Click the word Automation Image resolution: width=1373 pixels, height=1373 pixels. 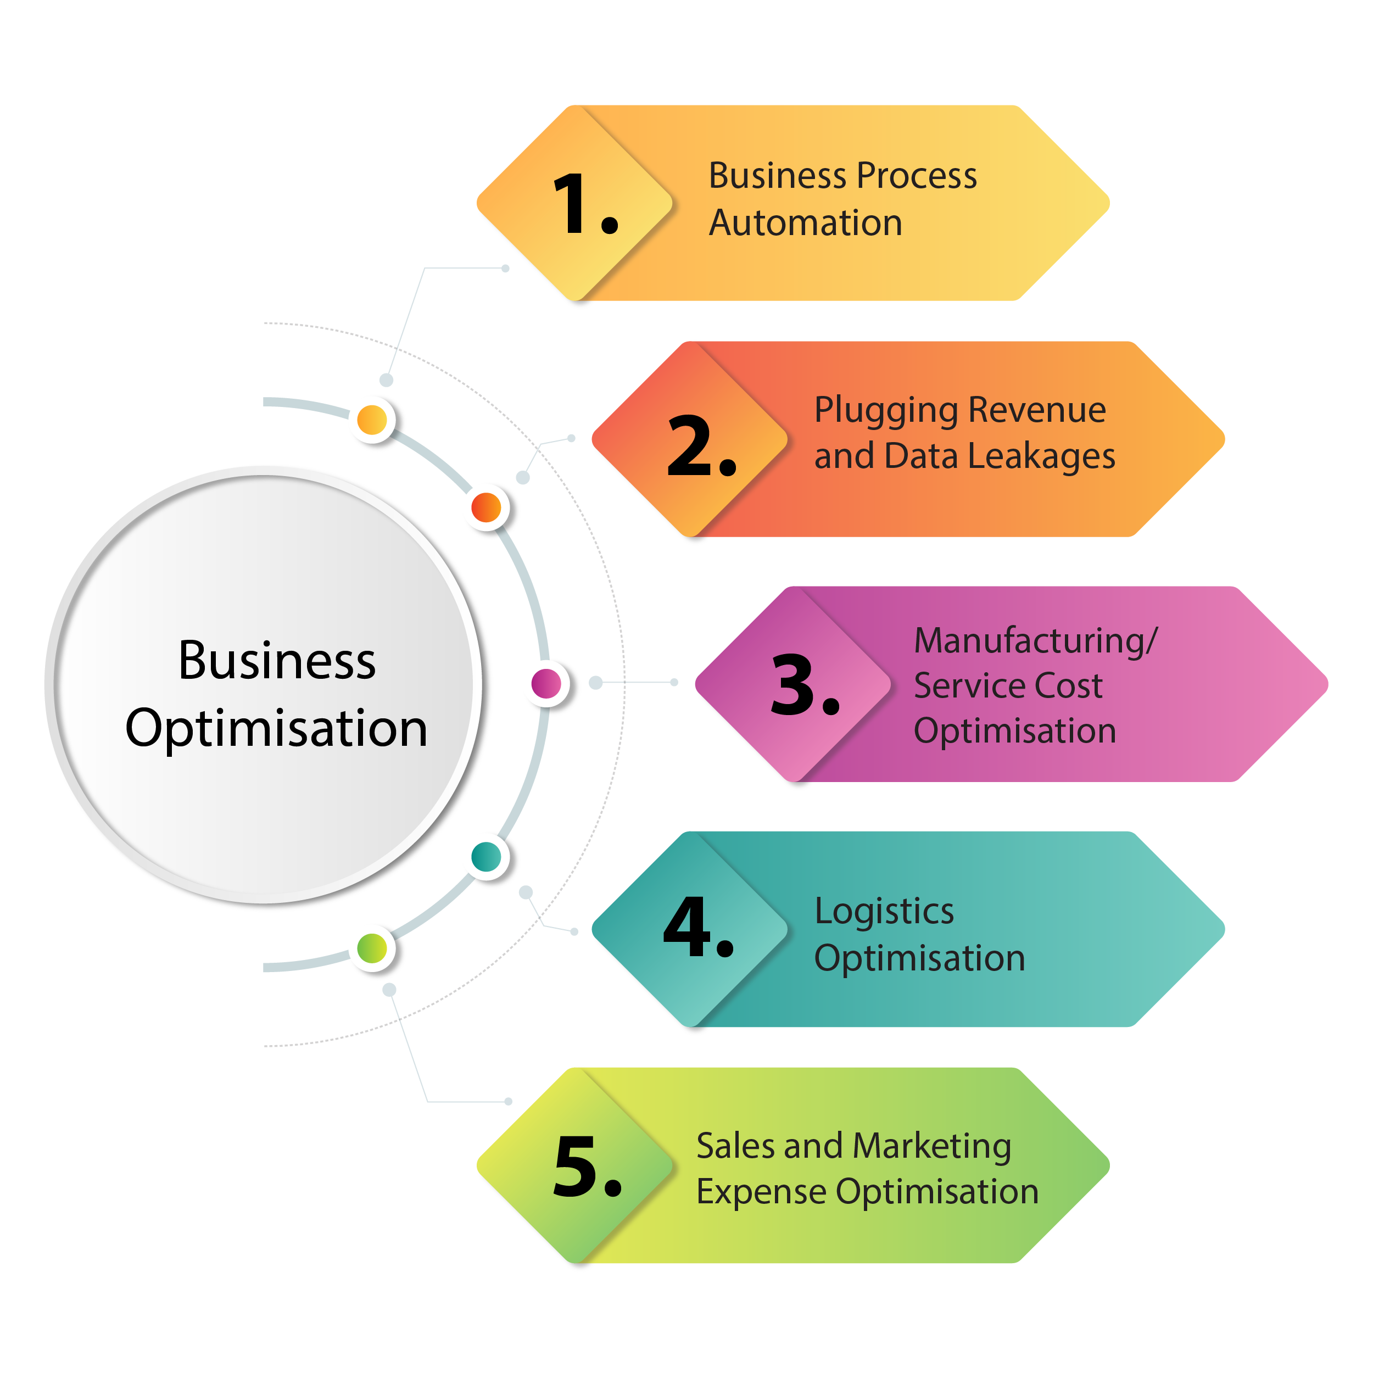point(805,223)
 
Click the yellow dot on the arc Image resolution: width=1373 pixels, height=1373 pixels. point(372,420)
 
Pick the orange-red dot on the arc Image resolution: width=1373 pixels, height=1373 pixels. point(486,507)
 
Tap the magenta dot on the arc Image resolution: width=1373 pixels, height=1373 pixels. point(546,684)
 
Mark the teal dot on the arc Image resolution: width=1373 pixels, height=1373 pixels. point(486,857)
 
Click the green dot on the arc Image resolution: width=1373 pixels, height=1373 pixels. point(372,947)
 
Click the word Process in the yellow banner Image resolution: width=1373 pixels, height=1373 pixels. point(918,176)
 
